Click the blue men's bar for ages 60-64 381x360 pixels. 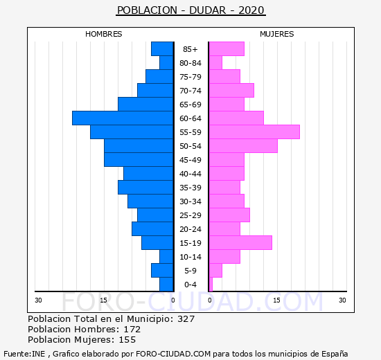[x=123, y=118]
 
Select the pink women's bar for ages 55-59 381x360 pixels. [x=254, y=132]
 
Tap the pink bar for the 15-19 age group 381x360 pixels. [x=240, y=243]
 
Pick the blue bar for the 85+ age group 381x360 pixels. [x=162, y=49]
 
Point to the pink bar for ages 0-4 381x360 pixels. [x=211, y=285]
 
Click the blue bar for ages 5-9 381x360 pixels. [x=162, y=271]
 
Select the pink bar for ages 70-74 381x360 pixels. [x=231, y=91]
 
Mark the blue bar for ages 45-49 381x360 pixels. [x=139, y=160]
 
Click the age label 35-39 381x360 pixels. [x=190, y=188]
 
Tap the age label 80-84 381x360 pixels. [x=190, y=63]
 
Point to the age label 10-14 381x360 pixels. [x=190, y=257]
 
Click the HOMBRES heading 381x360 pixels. [x=103, y=34]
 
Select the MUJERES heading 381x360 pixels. [x=277, y=34]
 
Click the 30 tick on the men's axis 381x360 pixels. [x=38, y=300]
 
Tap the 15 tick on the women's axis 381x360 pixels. [x=276, y=300]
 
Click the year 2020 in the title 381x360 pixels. [x=251, y=10]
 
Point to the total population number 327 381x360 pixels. [x=186, y=318]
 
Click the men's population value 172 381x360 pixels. [x=132, y=329]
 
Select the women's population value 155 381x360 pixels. [x=127, y=340]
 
